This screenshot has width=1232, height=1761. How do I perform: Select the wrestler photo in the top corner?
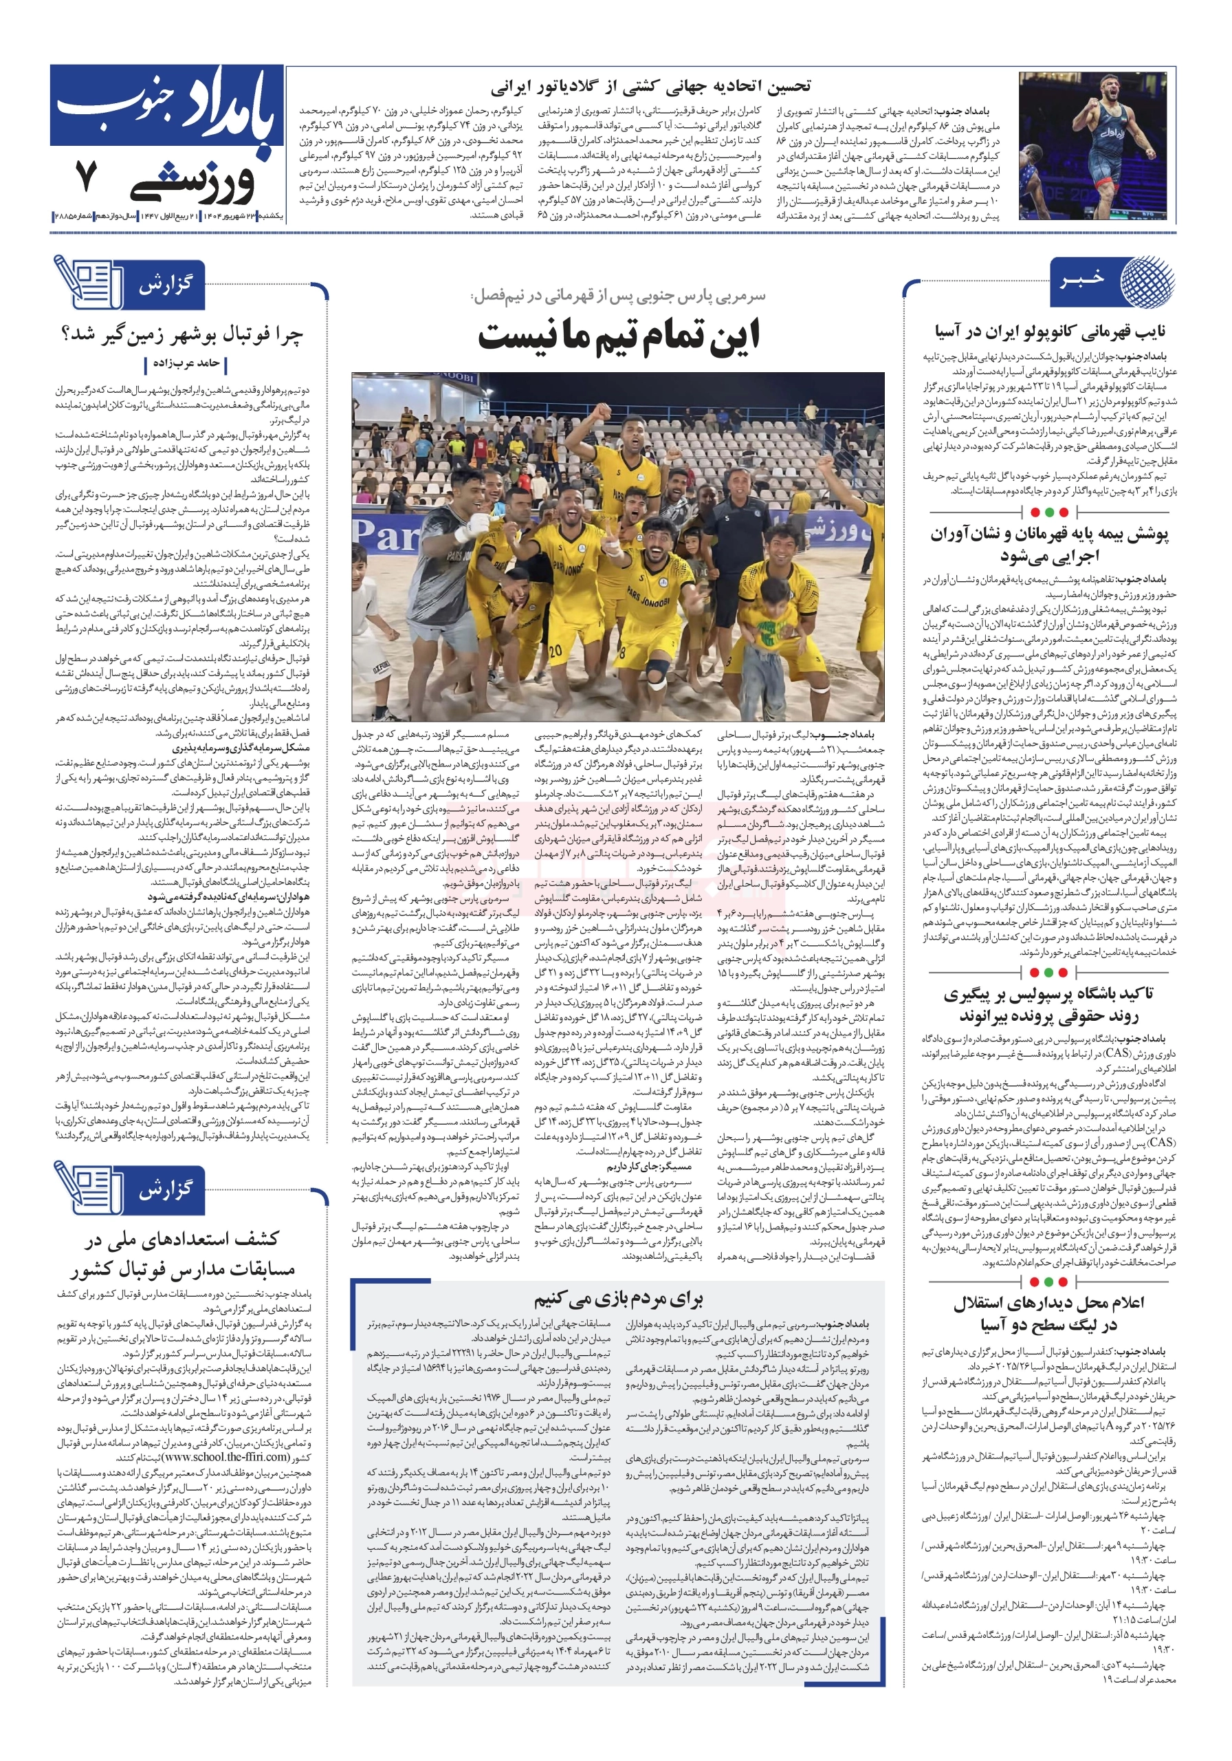pyautogui.click(x=1092, y=147)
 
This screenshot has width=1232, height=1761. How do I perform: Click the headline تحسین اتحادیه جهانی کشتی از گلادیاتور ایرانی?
pyautogui.click(x=650, y=85)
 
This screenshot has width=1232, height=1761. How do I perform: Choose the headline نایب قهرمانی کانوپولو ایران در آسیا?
pyautogui.click(x=1050, y=332)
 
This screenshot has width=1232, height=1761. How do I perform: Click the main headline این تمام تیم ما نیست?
pyautogui.click(x=619, y=336)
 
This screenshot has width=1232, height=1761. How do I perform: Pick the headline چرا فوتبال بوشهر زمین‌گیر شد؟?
pyautogui.click(x=181, y=335)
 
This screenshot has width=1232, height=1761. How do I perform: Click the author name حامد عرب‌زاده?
pyautogui.click(x=186, y=363)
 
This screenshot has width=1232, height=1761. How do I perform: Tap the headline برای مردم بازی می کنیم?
pyautogui.click(x=618, y=1299)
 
